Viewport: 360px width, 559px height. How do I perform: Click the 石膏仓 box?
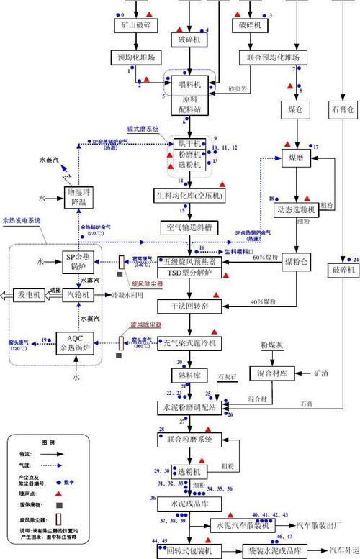coord(342,109)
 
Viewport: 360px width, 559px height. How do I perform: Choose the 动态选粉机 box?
coord(295,209)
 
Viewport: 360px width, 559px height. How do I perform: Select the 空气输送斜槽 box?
coord(189,227)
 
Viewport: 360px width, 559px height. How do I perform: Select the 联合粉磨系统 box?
coord(189,439)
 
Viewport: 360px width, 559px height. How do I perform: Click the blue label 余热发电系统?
coord(21,220)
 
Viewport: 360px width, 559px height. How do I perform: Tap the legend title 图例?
coord(48,442)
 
